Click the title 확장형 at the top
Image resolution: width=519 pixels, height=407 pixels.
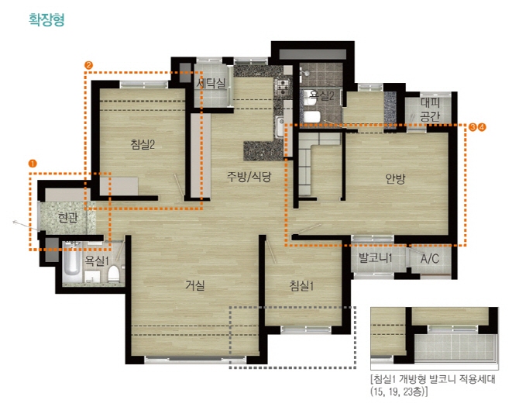tap(46, 19)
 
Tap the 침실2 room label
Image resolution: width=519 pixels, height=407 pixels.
tap(143, 144)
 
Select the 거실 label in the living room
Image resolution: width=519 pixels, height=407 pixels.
tap(195, 285)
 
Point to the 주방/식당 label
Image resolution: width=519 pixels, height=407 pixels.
tap(249, 177)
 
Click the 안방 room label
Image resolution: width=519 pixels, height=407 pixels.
tap(395, 179)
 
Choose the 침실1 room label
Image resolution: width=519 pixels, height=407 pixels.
tap(301, 285)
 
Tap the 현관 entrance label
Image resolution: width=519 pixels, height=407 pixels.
tap(67, 218)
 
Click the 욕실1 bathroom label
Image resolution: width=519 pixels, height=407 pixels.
tap(97, 260)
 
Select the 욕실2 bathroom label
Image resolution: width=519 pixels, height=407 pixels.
tap(321, 95)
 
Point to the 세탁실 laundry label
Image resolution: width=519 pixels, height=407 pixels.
tap(211, 82)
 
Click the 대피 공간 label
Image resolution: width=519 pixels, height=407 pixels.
tap(430, 109)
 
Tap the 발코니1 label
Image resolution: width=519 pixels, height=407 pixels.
tap(376, 257)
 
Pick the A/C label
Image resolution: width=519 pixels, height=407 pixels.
tap(430, 258)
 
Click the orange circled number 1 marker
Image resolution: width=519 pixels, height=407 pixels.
tap(33, 164)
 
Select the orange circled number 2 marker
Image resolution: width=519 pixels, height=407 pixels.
tap(88, 65)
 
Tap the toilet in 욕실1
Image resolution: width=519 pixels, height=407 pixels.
tap(113, 273)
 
